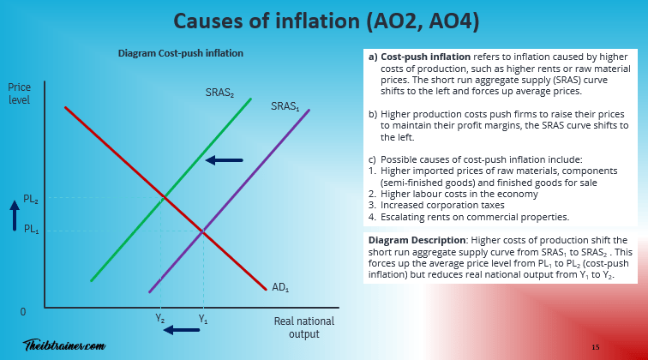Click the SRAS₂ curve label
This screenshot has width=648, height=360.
pyautogui.click(x=219, y=92)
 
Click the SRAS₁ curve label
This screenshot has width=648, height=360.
pyautogui.click(x=285, y=106)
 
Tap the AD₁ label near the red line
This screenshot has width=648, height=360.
pyautogui.click(x=280, y=287)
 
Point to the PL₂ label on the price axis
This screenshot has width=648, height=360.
pyautogui.click(x=31, y=199)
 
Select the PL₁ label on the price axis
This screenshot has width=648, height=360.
pyautogui.click(x=31, y=230)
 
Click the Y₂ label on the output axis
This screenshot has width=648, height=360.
pyautogui.click(x=160, y=319)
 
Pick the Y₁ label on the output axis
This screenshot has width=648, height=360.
pyautogui.click(x=203, y=319)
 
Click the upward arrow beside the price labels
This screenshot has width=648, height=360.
pyautogui.click(x=13, y=214)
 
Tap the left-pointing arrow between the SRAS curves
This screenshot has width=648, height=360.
pyautogui.click(x=224, y=159)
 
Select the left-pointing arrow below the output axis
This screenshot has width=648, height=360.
pyautogui.click(x=182, y=329)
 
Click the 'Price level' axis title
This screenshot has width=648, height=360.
pyautogui.click(x=19, y=93)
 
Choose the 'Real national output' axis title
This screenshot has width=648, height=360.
pyautogui.click(x=303, y=327)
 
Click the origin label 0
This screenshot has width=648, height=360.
pyautogui.click(x=24, y=312)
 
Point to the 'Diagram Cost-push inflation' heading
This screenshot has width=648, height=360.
pyautogui.click(x=181, y=53)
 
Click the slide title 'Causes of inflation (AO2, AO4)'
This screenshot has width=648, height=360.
pyautogui.click(x=323, y=20)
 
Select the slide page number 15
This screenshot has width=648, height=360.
pyautogui.click(x=595, y=346)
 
